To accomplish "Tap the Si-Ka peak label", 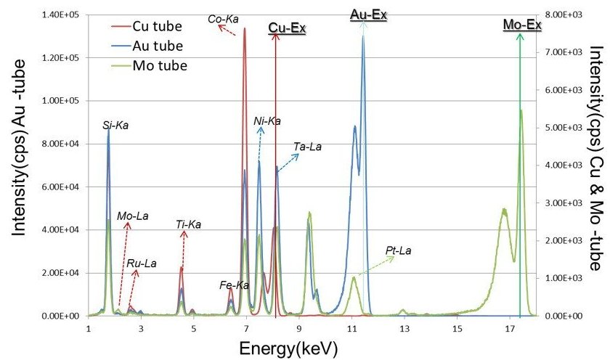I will click(116, 126).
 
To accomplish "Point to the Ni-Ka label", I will click(267, 120).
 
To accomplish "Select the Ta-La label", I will click(307, 147).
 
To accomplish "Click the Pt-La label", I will click(399, 251).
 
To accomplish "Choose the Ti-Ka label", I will click(188, 224).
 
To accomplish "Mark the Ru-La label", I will click(141, 263).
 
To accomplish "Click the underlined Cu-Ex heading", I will click(287, 28).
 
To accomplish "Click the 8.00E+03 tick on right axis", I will click(563, 15).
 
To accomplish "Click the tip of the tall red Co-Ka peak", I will click(245, 29).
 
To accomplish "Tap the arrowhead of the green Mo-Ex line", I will click(519, 36).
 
